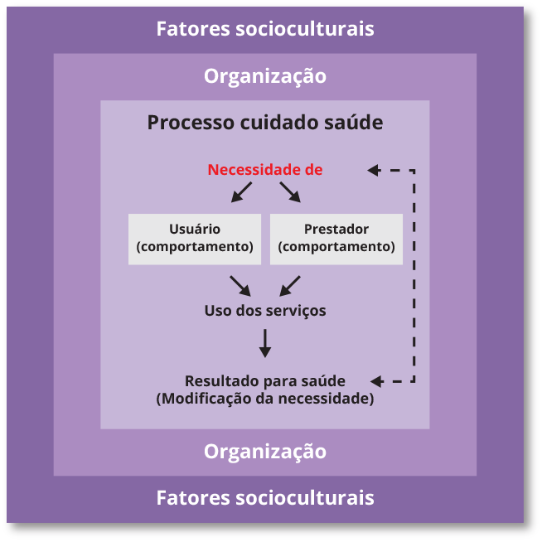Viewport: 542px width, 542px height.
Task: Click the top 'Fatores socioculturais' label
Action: pos(265,29)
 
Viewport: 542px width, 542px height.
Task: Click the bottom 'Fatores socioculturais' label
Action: pos(265,498)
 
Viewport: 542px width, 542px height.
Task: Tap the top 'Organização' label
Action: pos(265,76)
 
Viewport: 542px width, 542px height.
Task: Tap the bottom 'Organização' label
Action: pos(265,452)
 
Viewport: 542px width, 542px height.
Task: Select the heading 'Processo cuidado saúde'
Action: pos(265,123)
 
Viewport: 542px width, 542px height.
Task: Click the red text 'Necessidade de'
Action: pos(265,170)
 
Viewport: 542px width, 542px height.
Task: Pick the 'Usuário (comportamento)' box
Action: pos(195,239)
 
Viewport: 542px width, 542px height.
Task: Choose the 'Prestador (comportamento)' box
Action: pos(336,239)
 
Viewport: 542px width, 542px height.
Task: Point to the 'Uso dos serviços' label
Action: pos(265,311)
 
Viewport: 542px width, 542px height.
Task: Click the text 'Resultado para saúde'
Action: pos(265,381)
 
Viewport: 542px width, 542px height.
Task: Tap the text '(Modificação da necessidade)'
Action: pos(265,399)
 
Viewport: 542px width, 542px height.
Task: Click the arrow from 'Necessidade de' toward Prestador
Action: pos(290,193)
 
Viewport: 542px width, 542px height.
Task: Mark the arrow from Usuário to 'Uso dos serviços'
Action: pos(240,285)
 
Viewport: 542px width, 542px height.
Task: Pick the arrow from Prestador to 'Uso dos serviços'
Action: pos(290,285)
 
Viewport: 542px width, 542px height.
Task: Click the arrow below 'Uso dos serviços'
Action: pos(265,343)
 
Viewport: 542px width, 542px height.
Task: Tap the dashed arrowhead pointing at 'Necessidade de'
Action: pos(373,170)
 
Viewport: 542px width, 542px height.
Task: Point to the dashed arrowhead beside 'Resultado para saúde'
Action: pos(376,381)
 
